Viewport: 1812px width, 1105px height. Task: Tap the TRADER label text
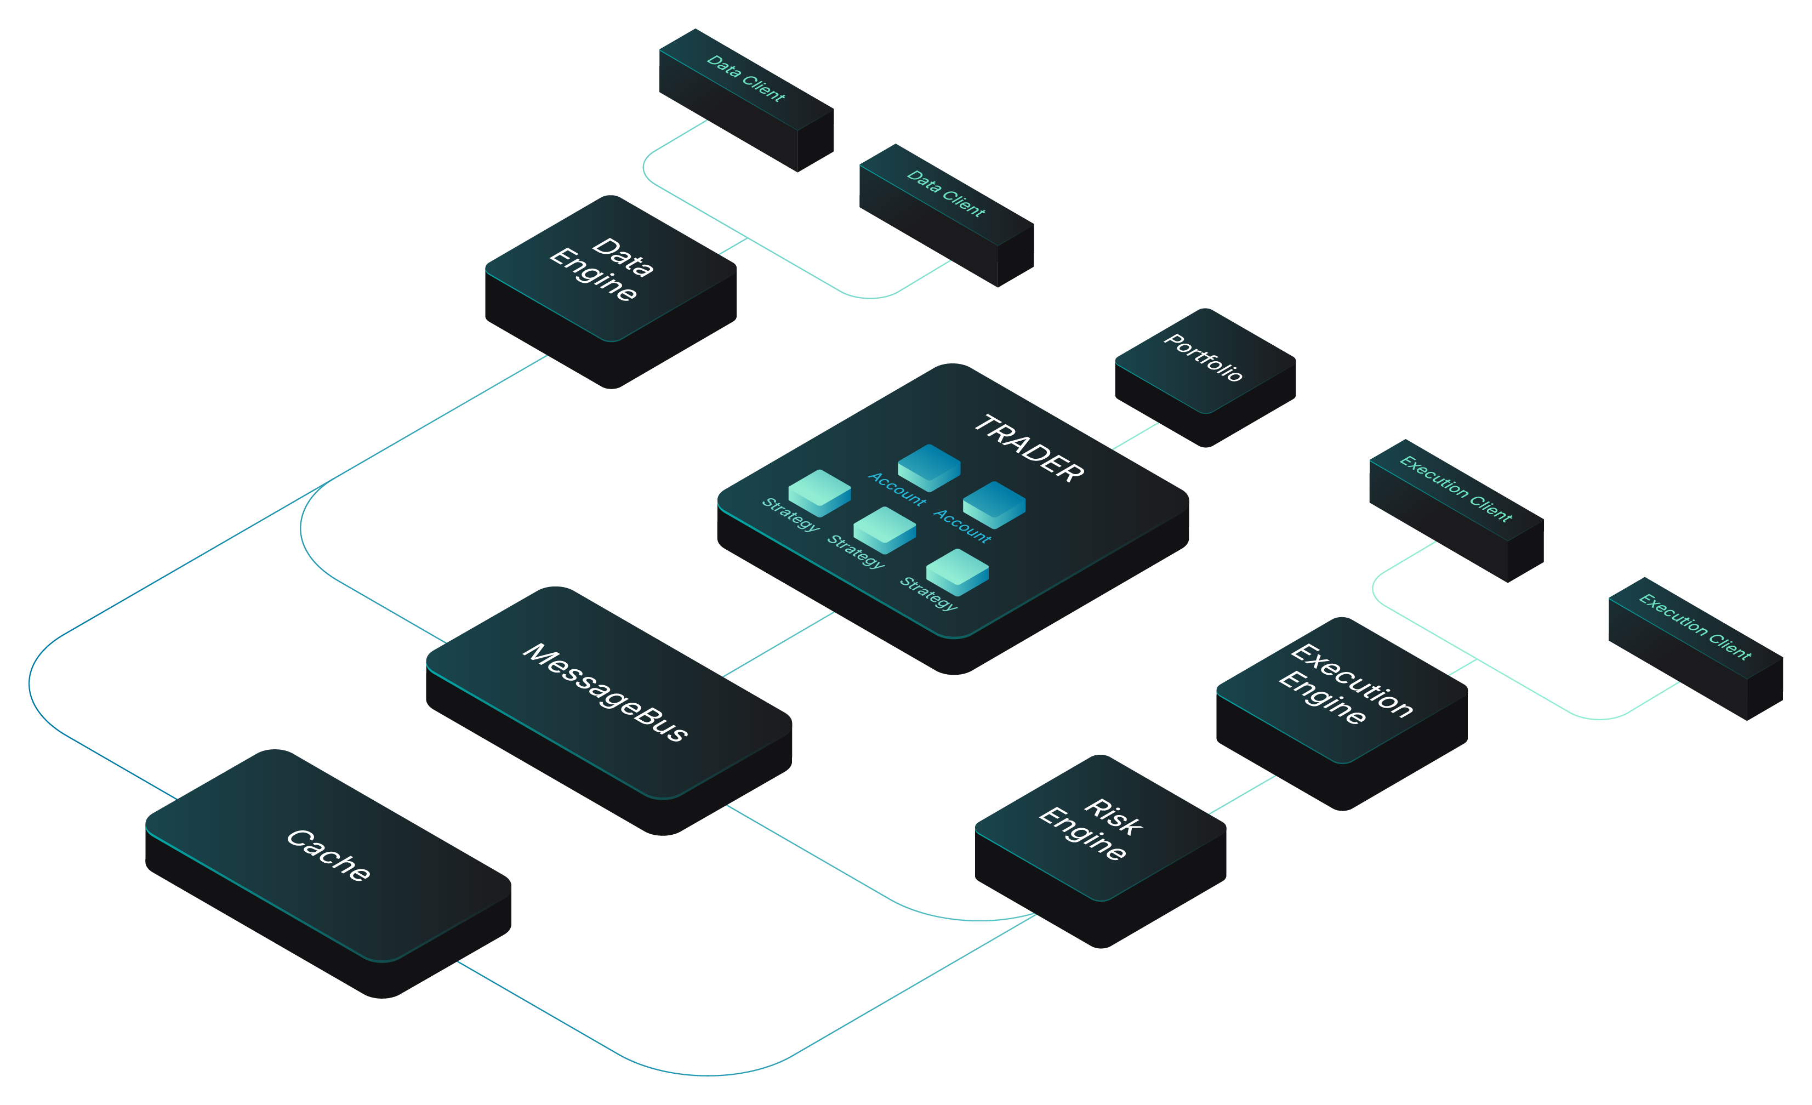tap(1029, 448)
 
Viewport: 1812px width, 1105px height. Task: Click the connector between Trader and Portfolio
tap(1136, 435)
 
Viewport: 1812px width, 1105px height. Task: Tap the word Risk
tap(1113, 816)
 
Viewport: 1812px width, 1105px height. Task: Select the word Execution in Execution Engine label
tap(1352, 680)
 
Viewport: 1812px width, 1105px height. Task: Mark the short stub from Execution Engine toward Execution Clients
tap(1462, 667)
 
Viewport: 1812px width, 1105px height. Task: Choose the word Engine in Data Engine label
tap(592, 274)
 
